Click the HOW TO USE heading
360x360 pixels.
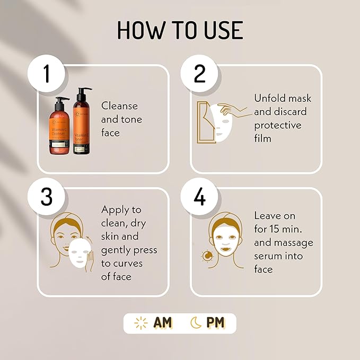[180, 30]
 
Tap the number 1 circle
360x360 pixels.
[47, 73]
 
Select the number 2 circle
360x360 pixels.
[199, 73]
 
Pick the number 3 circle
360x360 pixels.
[47, 197]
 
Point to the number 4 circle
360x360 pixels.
[199, 197]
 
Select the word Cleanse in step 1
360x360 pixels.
[119, 106]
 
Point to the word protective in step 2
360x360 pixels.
[277, 125]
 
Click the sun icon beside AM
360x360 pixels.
[141, 323]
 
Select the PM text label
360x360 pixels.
[215, 323]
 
